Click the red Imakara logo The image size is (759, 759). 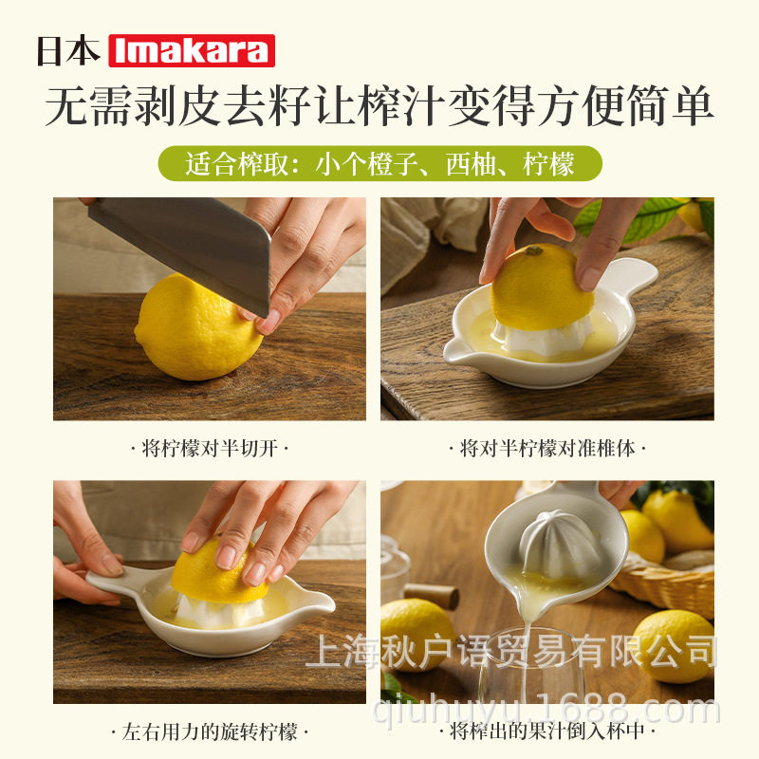click(192, 50)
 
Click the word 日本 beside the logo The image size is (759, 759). click(68, 51)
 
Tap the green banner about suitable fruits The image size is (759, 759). click(379, 164)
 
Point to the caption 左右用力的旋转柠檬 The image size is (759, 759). click(209, 732)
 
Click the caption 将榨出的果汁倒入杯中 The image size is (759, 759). click(547, 732)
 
